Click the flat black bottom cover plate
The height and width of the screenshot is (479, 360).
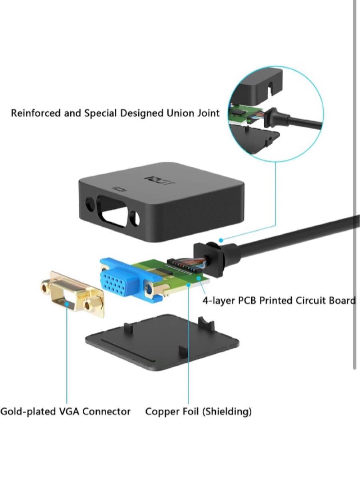[162, 341]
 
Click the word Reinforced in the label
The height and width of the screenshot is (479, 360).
[34, 113]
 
